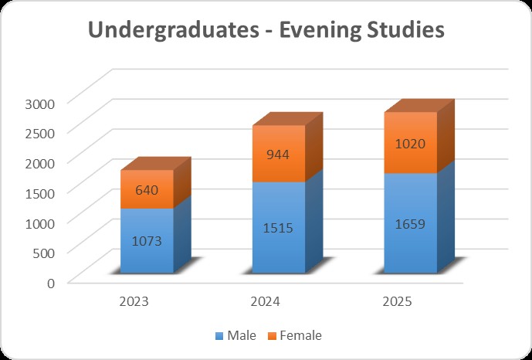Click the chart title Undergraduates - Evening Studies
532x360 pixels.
pyautogui.click(x=266, y=30)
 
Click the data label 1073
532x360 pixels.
pyautogui.click(x=147, y=240)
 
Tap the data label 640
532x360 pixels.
pyautogui.click(x=147, y=190)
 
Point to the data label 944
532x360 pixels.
pyautogui.click(x=279, y=155)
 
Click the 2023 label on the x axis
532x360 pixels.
pyautogui.click(x=134, y=301)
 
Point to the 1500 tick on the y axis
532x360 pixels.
pyautogui.click(x=37, y=192)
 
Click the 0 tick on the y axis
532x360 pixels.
pyautogui.click(x=49, y=282)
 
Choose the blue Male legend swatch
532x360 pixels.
pyautogui.click(x=219, y=336)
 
